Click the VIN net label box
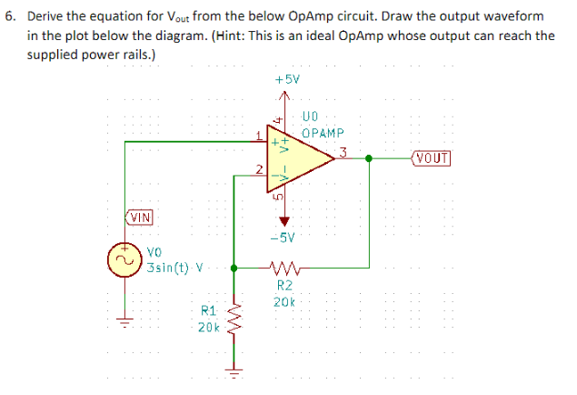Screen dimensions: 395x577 (x=139, y=218)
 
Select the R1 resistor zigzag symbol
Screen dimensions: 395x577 (x=235, y=319)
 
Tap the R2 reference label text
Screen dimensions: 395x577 (x=282, y=286)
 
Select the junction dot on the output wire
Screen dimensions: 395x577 (x=368, y=157)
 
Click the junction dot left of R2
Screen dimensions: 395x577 (x=235, y=268)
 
